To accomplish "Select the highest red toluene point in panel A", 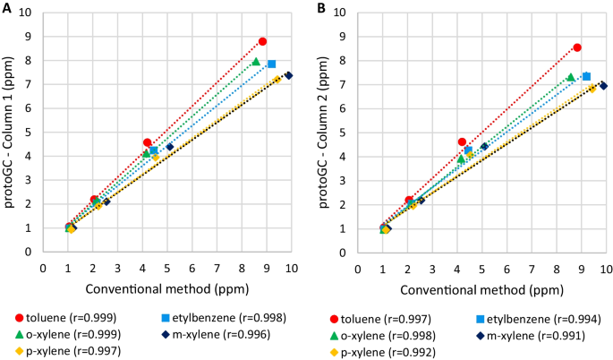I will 262,41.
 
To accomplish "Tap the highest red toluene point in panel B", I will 577,47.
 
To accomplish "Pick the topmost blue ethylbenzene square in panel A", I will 271,64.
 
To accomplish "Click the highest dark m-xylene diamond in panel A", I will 289,75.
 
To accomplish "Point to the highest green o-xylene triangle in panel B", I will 570,77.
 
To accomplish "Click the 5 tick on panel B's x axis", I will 481,268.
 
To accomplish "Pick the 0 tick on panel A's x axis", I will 43,268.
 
